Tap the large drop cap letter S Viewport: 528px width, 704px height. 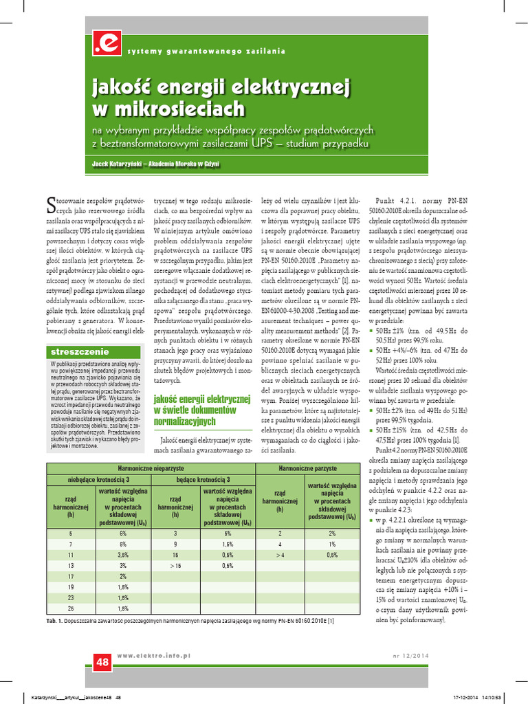coord(50,202)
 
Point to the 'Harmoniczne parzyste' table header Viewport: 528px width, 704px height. coord(307,467)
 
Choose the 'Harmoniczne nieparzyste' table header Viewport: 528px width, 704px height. coord(151,467)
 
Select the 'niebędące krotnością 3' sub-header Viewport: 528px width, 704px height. coord(98,479)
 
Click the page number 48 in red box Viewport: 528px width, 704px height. coord(102,663)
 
